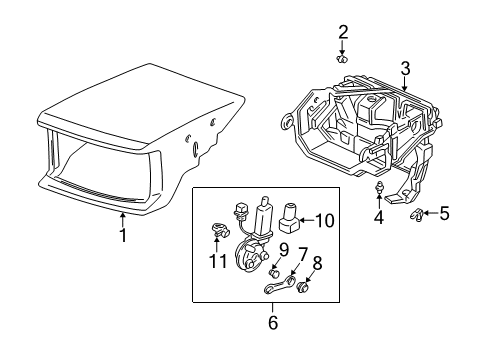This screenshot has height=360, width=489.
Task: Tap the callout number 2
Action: point(343,31)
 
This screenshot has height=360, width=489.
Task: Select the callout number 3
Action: point(405,69)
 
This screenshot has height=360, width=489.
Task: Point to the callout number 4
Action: point(378,217)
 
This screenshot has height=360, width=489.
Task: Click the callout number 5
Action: point(444,212)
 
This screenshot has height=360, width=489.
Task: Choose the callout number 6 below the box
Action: point(272,322)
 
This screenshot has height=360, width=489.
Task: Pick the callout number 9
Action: point(284,250)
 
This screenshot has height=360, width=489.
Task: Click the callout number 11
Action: point(212,261)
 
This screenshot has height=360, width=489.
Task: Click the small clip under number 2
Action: point(344,58)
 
